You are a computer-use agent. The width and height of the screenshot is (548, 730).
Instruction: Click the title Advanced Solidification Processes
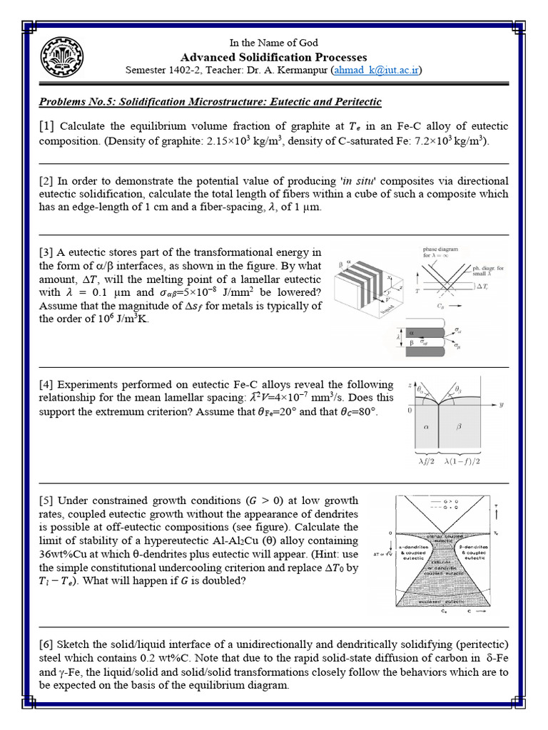(x=274, y=57)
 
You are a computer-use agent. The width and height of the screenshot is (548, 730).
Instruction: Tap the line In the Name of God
(x=273, y=43)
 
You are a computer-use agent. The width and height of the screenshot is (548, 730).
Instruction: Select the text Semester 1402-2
(x=165, y=71)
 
